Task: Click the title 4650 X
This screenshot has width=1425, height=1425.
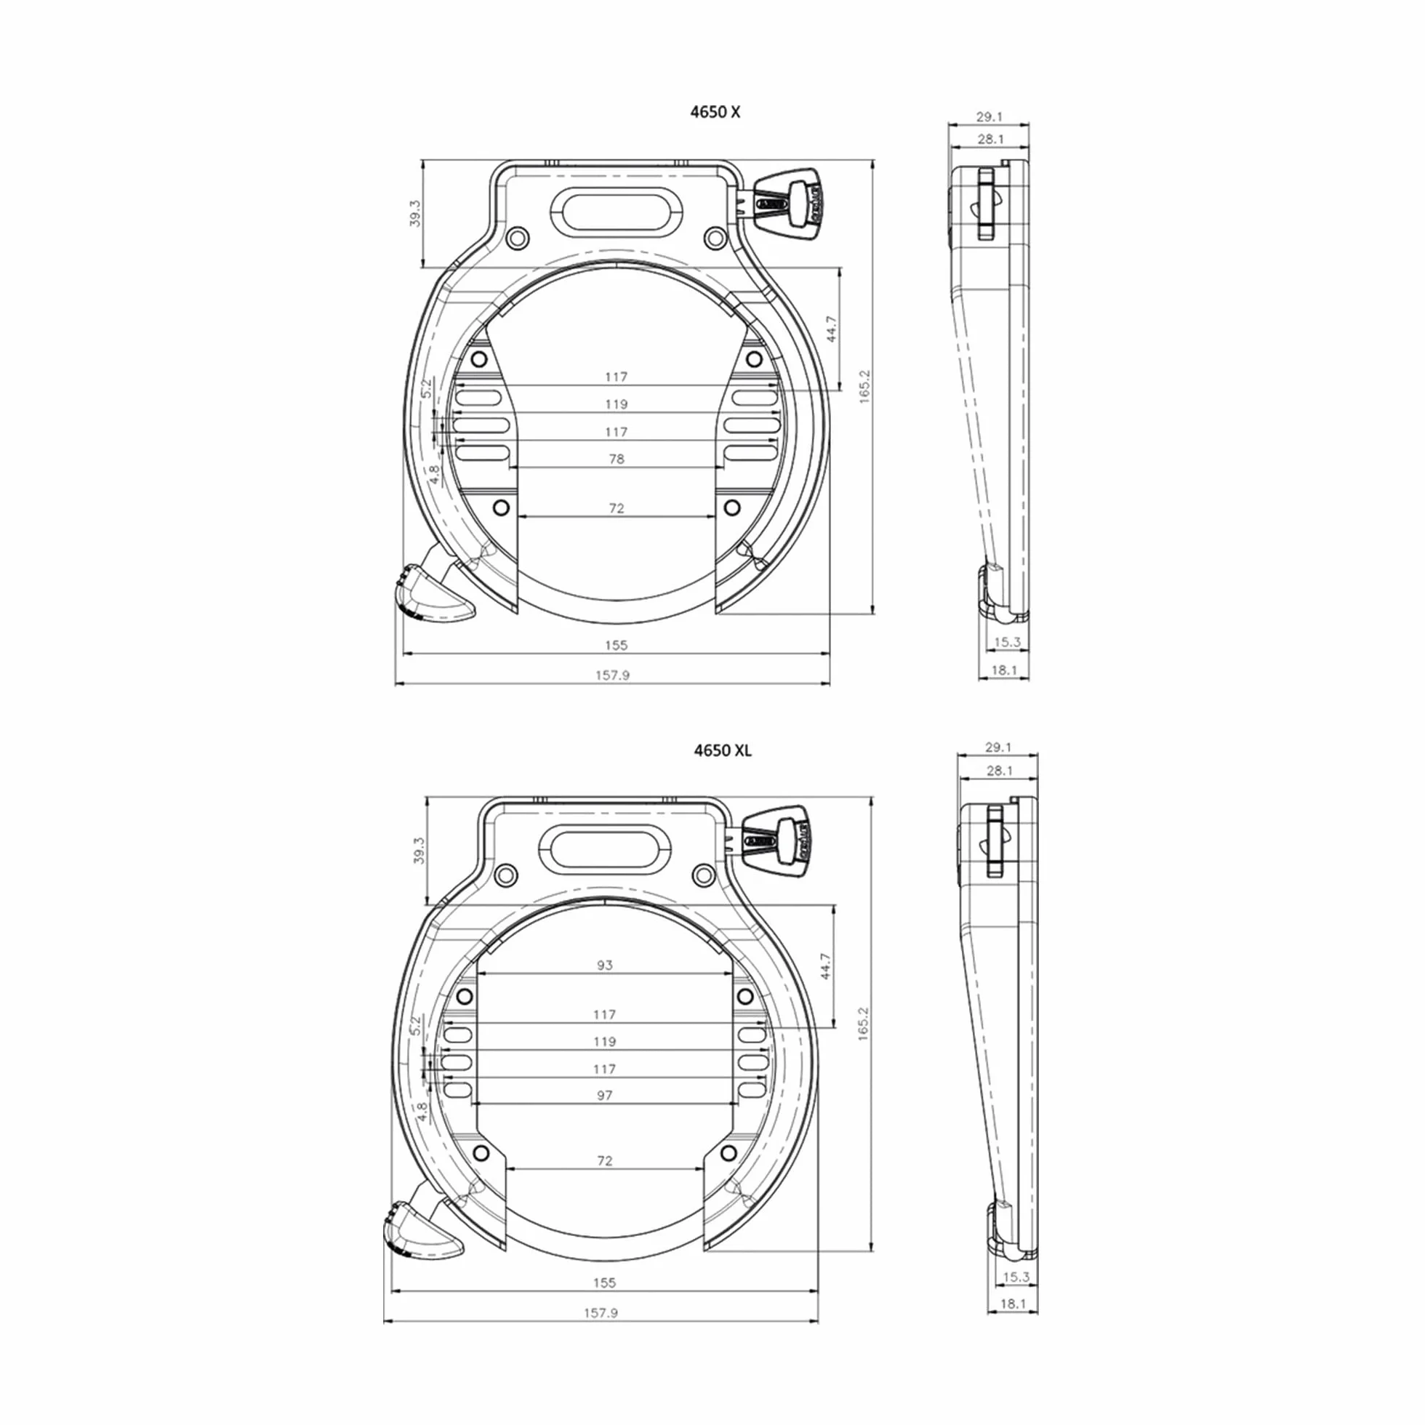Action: [715, 112]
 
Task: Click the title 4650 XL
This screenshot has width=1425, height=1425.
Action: [723, 750]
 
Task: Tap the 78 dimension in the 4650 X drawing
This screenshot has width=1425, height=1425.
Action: [617, 459]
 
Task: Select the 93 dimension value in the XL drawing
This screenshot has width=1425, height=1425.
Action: [605, 965]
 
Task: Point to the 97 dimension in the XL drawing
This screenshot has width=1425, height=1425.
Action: [605, 1096]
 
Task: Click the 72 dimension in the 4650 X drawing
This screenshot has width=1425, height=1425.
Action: [617, 508]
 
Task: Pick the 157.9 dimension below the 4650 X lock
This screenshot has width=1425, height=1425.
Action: [612, 675]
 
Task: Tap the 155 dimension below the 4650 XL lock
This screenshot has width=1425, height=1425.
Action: [604, 1282]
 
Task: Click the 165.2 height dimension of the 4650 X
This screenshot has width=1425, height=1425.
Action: [865, 387]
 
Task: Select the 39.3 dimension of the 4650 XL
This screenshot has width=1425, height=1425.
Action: [420, 850]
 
